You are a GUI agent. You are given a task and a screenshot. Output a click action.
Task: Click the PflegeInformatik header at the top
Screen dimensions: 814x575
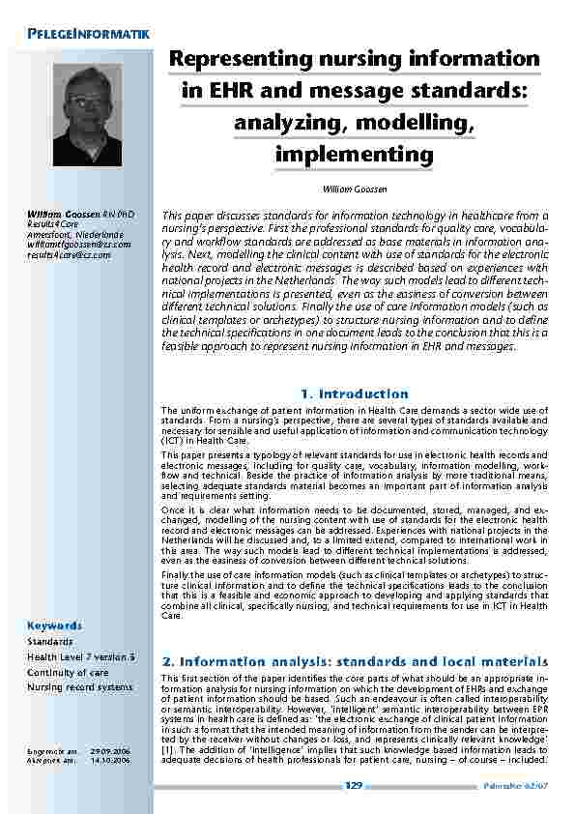point(83,35)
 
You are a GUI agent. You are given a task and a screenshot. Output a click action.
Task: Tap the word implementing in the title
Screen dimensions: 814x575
point(354,155)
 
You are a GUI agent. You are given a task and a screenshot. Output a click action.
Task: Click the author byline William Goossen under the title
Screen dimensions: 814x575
point(354,189)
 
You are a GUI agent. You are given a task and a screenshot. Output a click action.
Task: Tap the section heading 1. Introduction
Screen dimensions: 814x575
point(354,393)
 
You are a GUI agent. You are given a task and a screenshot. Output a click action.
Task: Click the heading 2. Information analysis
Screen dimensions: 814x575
point(354,660)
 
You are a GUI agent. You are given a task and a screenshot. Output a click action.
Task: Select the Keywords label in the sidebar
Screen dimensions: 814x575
point(55,625)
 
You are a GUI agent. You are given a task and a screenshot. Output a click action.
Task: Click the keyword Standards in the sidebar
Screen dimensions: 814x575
point(50,642)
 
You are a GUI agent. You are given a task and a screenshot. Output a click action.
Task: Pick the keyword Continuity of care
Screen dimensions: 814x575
point(68,673)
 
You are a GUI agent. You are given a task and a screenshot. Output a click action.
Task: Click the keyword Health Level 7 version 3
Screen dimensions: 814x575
point(80,657)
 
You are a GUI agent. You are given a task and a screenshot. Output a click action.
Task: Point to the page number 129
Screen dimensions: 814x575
point(354,786)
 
